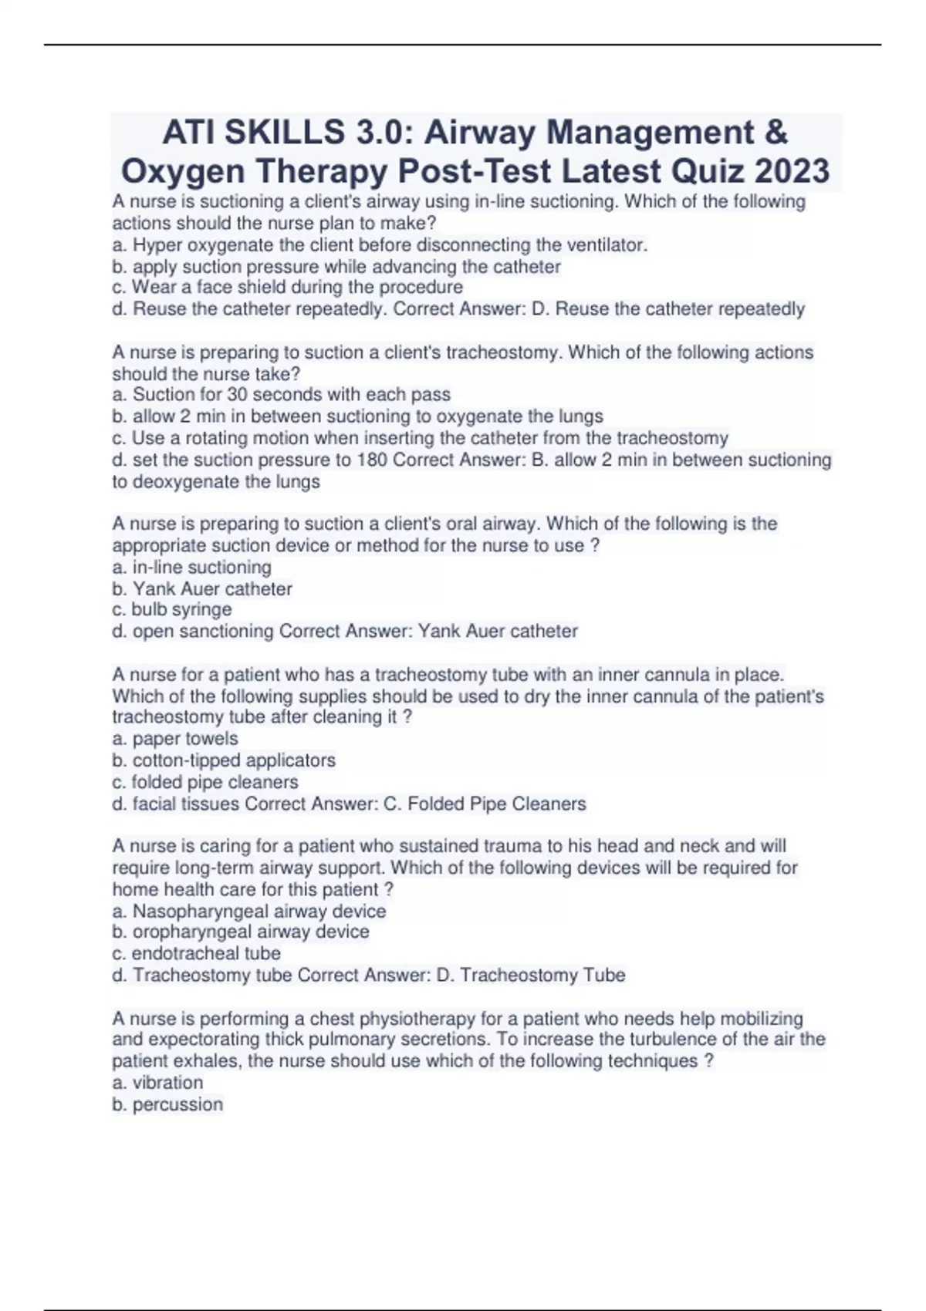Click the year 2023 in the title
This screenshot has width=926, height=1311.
tap(792, 170)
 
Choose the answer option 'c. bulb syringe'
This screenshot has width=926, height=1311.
tap(172, 609)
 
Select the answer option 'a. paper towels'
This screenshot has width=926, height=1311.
tap(175, 739)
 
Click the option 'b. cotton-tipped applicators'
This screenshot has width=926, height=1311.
tap(224, 760)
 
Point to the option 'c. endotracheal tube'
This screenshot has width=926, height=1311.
tap(196, 953)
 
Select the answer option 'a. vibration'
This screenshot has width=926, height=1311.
tap(157, 1083)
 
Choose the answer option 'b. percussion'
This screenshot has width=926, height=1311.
tap(167, 1104)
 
